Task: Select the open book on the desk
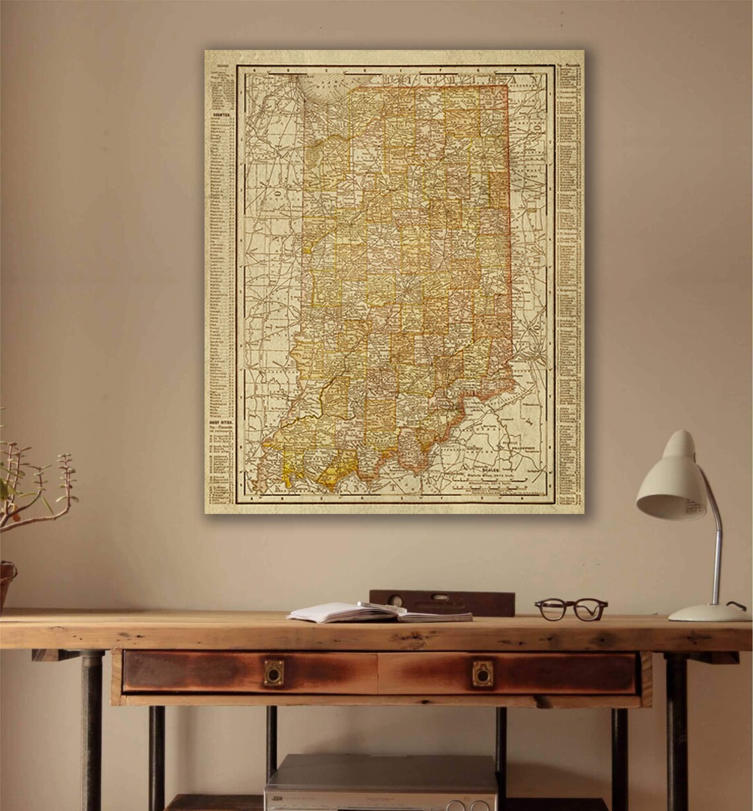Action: point(380,612)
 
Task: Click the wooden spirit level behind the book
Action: point(442,600)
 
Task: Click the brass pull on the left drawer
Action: point(272,672)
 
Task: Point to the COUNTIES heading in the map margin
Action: point(222,115)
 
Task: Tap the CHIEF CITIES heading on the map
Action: point(220,421)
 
